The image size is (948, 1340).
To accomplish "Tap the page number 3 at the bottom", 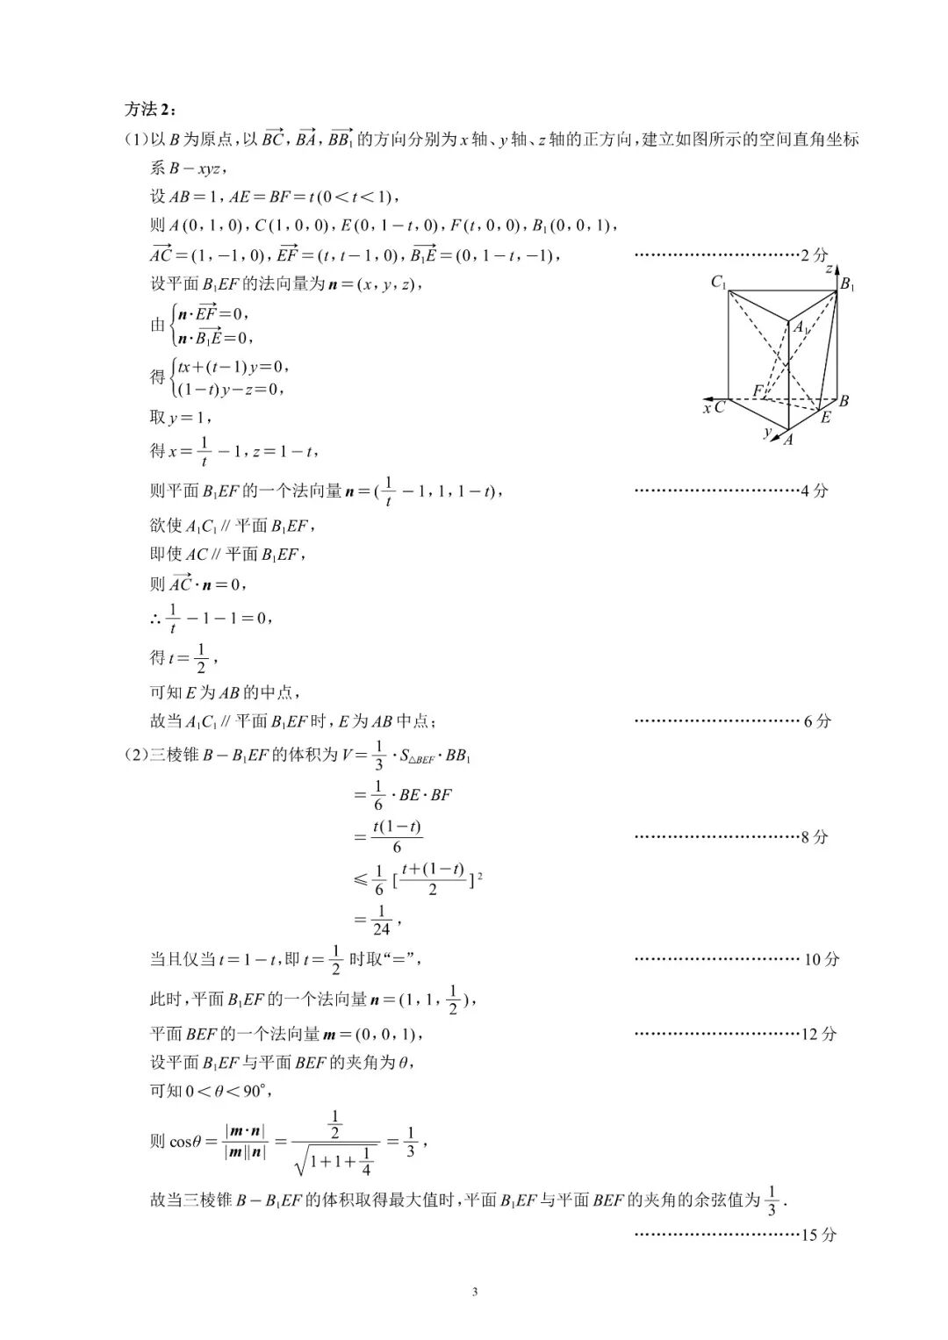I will coord(474,1291).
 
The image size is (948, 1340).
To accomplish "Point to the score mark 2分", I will coord(814,255).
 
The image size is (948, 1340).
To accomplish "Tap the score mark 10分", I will coord(821,959).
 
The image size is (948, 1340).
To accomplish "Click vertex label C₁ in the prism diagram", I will coord(719,283).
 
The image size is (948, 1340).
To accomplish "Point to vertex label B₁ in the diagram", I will coord(847,284).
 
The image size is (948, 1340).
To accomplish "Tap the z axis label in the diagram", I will coord(829,269).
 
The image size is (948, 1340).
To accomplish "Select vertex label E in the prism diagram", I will coord(825,419).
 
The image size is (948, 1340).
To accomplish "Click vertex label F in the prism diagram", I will coord(758,390).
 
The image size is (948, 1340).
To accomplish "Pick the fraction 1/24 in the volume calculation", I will coord(380,920).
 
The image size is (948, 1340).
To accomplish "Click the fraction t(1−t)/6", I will coord(397,836).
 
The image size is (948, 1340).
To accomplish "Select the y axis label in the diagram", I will coord(767,432).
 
